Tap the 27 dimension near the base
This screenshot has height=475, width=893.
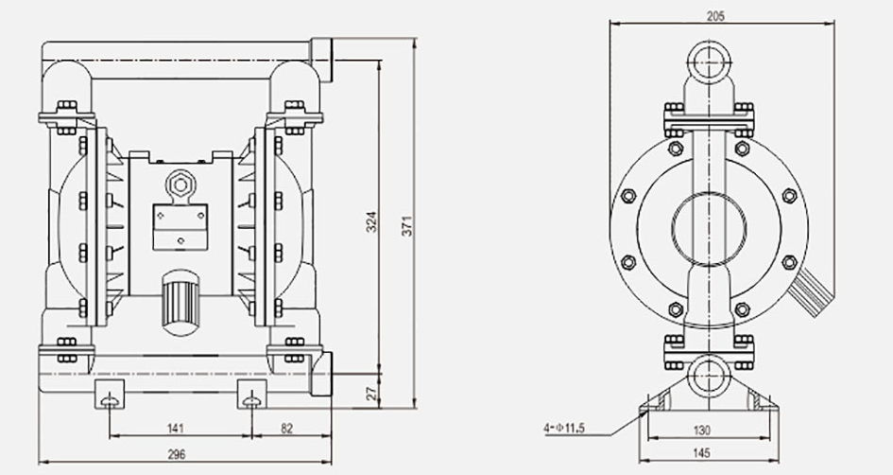point(371,391)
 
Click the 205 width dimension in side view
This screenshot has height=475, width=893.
point(715,16)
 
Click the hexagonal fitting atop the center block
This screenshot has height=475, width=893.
point(180,182)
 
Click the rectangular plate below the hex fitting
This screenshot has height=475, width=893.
point(179,226)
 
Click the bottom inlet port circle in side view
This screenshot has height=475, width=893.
point(708,377)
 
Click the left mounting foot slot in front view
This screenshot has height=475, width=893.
point(112,398)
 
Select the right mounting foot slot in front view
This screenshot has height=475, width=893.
point(251,398)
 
